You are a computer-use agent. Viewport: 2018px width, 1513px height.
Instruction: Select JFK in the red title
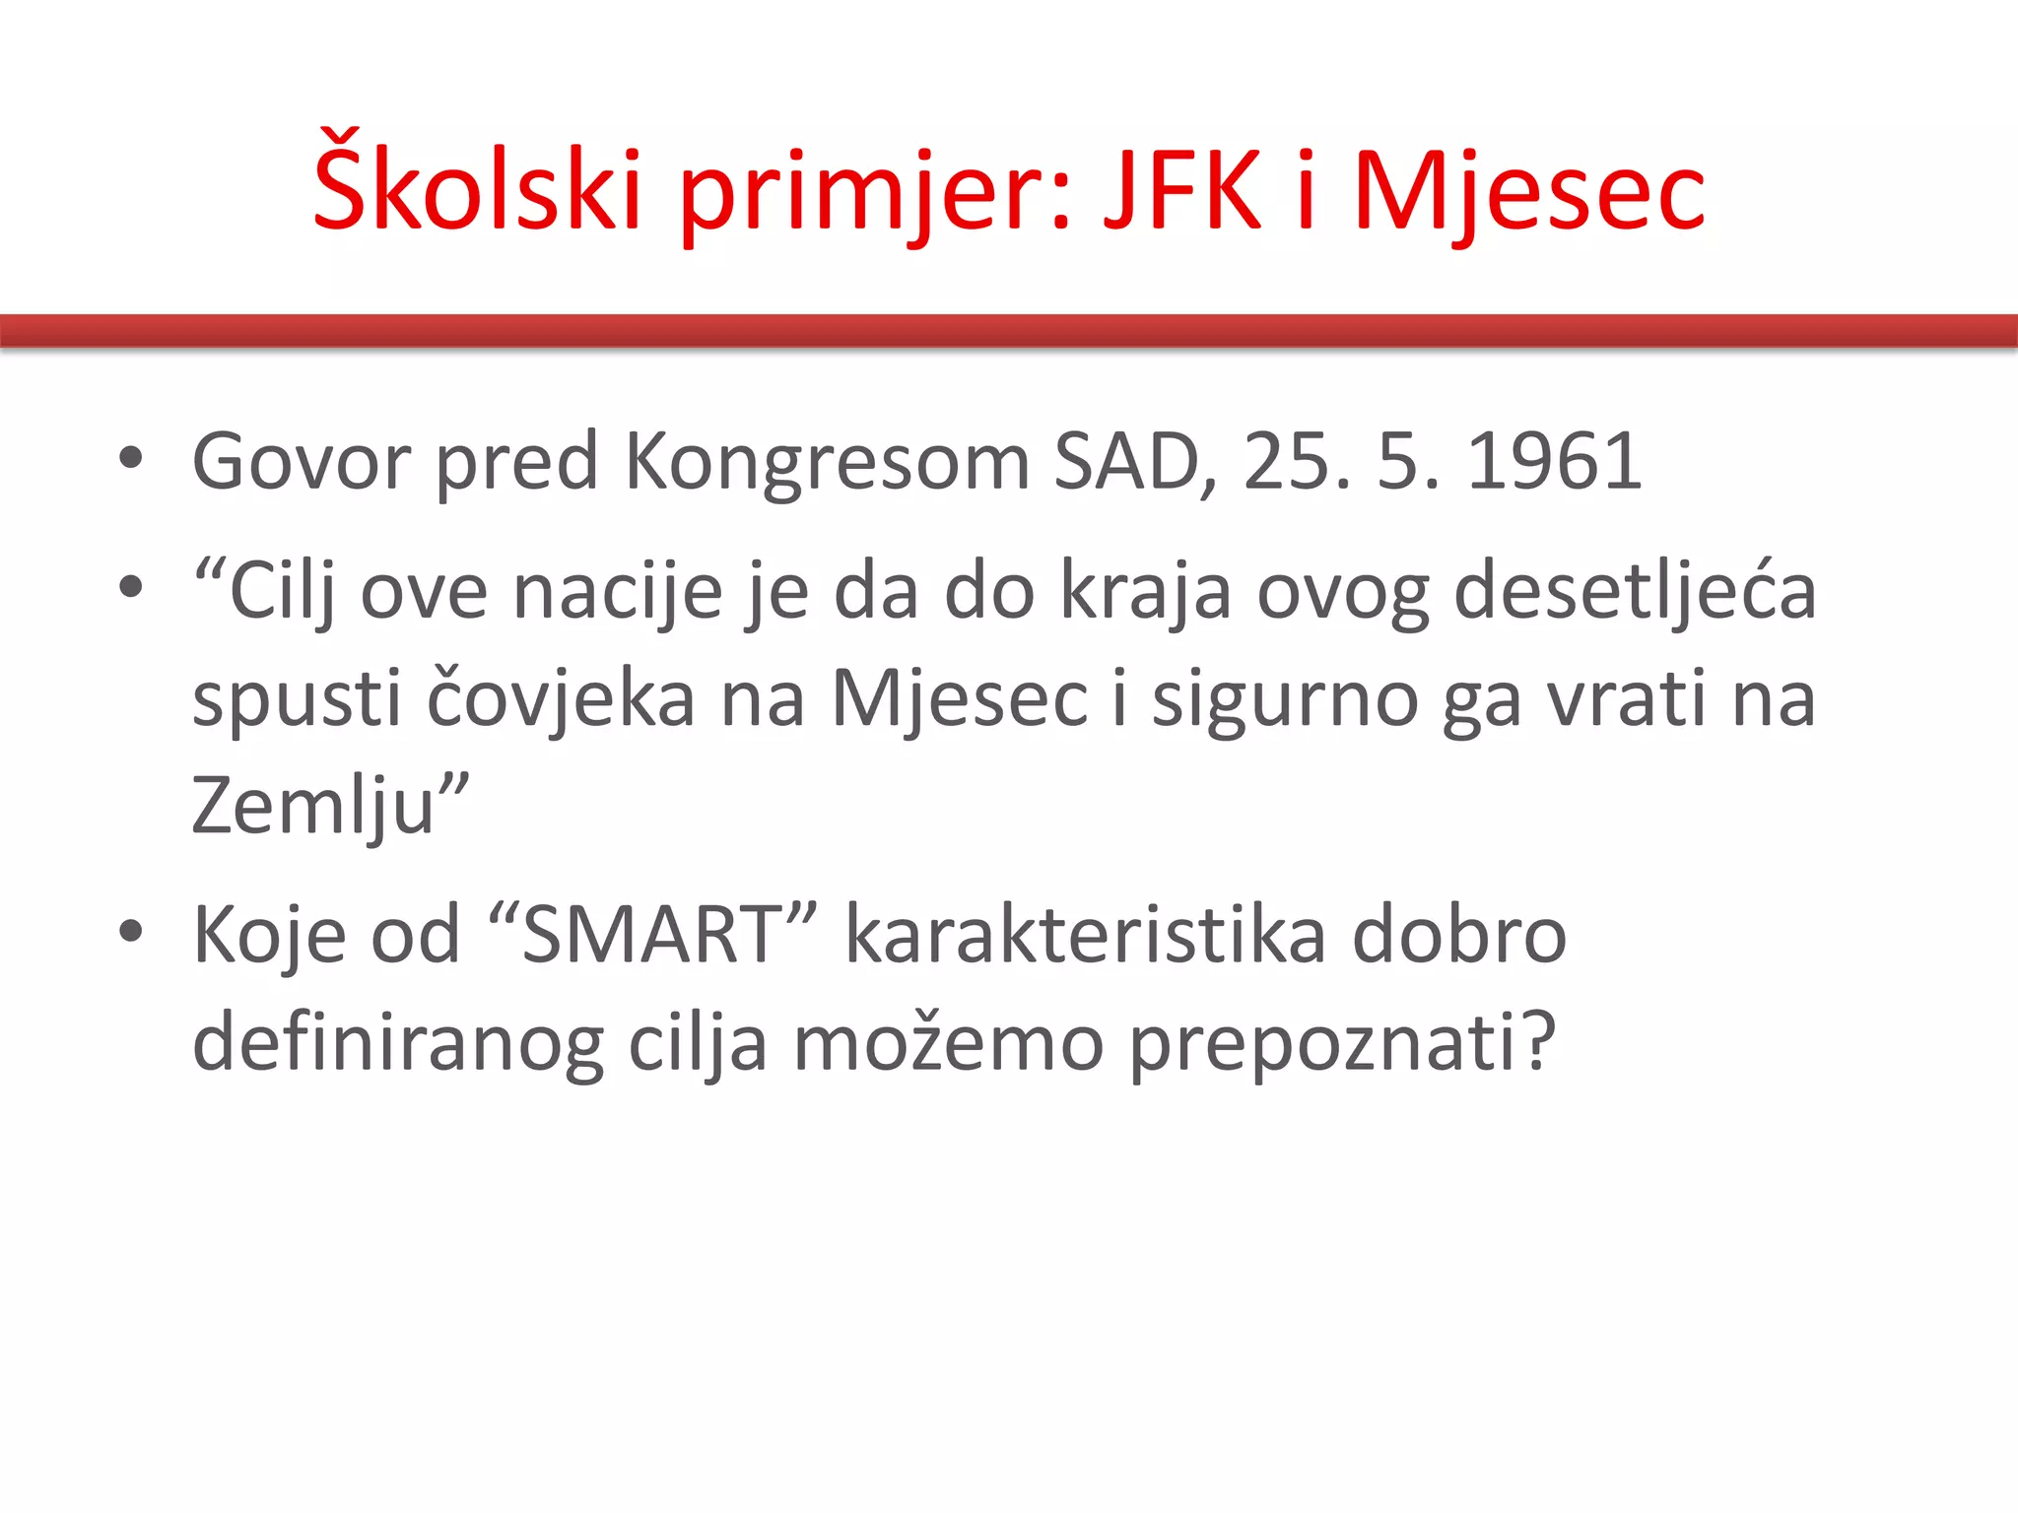click(x=1181, y=188)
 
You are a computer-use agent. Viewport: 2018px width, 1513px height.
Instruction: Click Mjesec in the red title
click(x=1529, y=190)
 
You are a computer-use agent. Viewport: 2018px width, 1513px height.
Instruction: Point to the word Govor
click(x=301, y=461)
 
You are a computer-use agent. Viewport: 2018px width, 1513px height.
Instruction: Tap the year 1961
click(x=1554, y=461)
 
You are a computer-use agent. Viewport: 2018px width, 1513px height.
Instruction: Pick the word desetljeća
click(x=1635, y=591)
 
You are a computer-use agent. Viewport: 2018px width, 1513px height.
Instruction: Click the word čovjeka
click(x=561, y=698)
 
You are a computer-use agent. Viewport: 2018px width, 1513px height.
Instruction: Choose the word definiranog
click(x=397, y=1043)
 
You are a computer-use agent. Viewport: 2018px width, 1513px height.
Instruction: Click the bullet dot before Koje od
click(x=130, y=931)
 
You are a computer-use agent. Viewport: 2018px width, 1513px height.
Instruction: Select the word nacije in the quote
click(x=618, y=593)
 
